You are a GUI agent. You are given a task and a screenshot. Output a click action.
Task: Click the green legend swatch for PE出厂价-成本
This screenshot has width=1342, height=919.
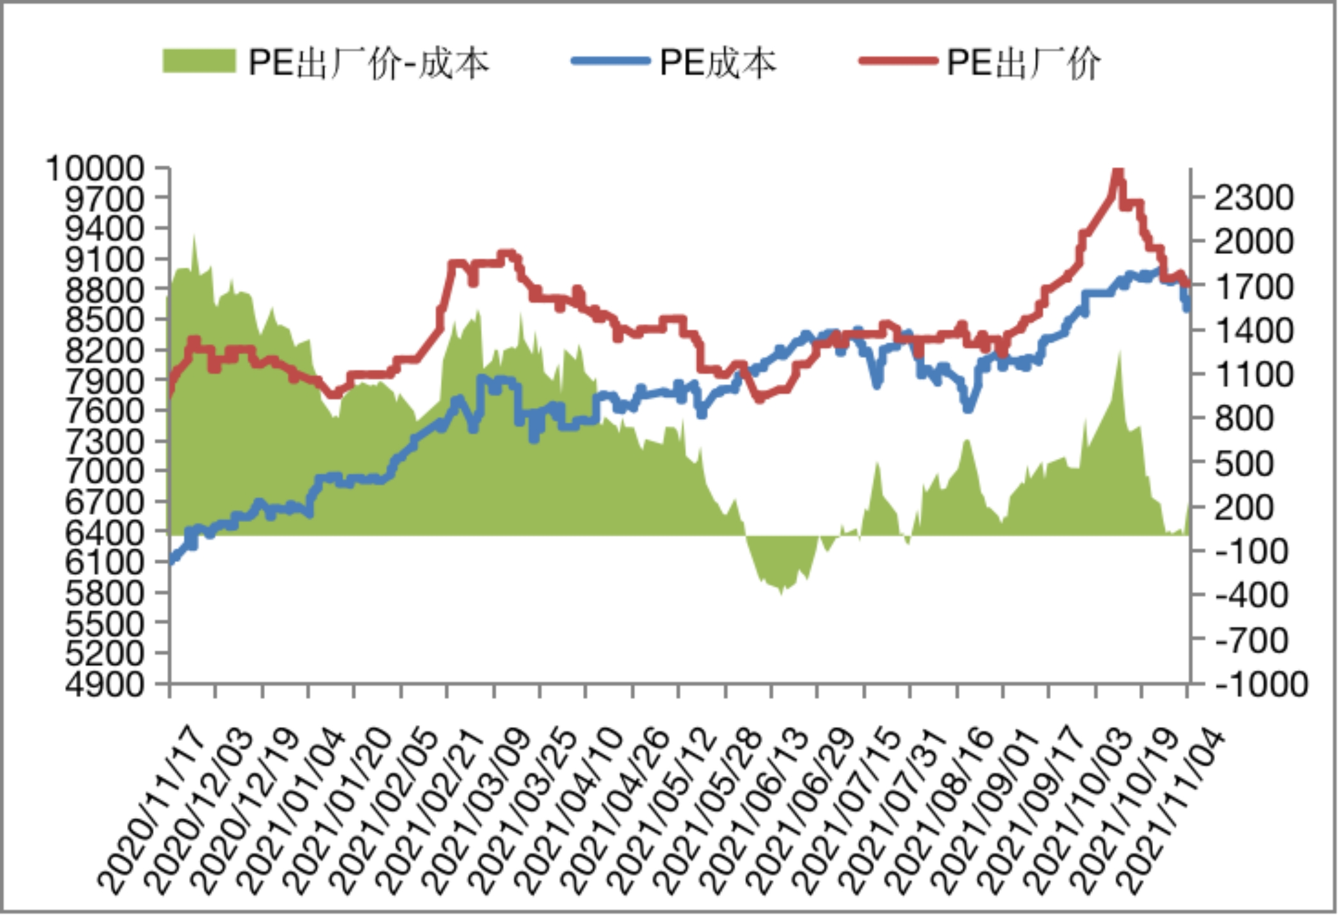coord(199,62)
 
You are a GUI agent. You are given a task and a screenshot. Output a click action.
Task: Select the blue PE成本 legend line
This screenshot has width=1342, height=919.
coord(610,61)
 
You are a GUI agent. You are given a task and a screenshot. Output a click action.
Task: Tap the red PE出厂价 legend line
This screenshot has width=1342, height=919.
coord(898,61)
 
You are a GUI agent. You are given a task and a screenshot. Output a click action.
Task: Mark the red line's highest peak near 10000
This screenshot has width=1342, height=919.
coord(1117,171)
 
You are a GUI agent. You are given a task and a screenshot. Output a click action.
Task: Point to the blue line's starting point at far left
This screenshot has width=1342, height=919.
coord(171,562)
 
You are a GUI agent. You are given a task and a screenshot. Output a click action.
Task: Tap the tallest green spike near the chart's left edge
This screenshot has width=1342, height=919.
coord(194,237)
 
